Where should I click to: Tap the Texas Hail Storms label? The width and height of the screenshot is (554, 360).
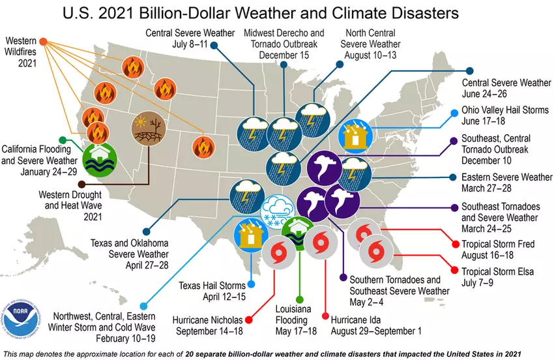tap(212, 290)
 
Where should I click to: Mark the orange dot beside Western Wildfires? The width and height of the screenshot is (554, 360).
tap(43, 41)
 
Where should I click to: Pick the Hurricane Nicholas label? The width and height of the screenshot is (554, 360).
tap(208, 325)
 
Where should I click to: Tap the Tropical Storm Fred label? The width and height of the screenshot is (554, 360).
tap(497, 250)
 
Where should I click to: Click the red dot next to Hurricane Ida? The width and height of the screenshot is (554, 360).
tap(326, 316)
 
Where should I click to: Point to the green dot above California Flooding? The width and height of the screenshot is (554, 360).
tap(63, 140)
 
